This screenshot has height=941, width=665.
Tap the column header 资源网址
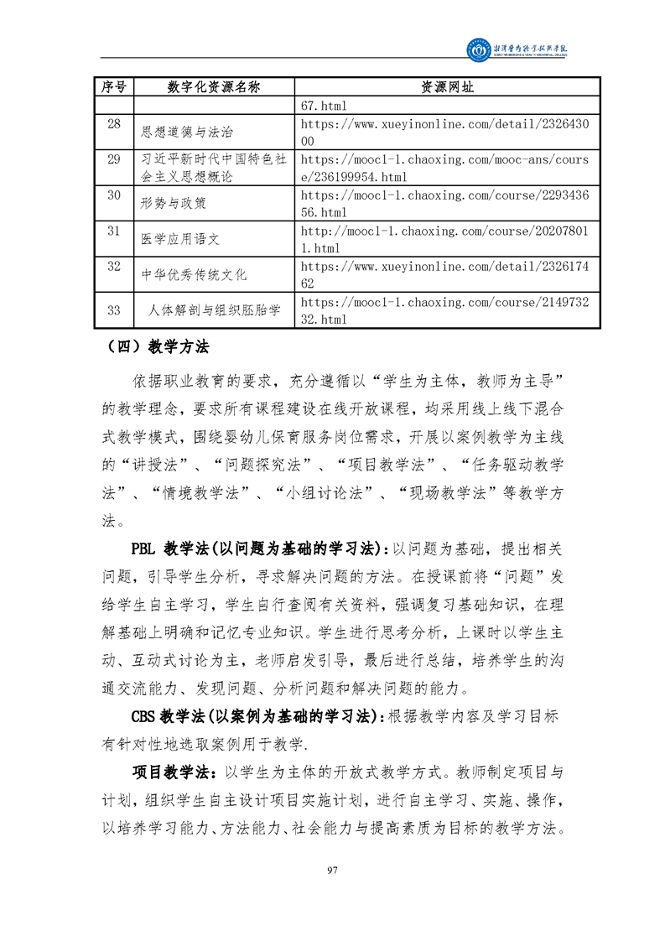(x=447, y=88)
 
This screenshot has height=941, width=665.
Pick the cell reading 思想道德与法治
(x=187, y=132)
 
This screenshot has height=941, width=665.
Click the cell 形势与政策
(x=174, y=202)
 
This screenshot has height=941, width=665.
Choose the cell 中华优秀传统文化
(x=194, y=274)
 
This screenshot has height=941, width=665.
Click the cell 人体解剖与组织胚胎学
(x=214, y=310)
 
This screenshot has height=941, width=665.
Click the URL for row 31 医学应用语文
(x=444, y=238)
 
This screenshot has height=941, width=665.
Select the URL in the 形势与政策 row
(x=444, y=202)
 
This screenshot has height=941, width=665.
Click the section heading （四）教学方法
(x=158, y=346)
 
